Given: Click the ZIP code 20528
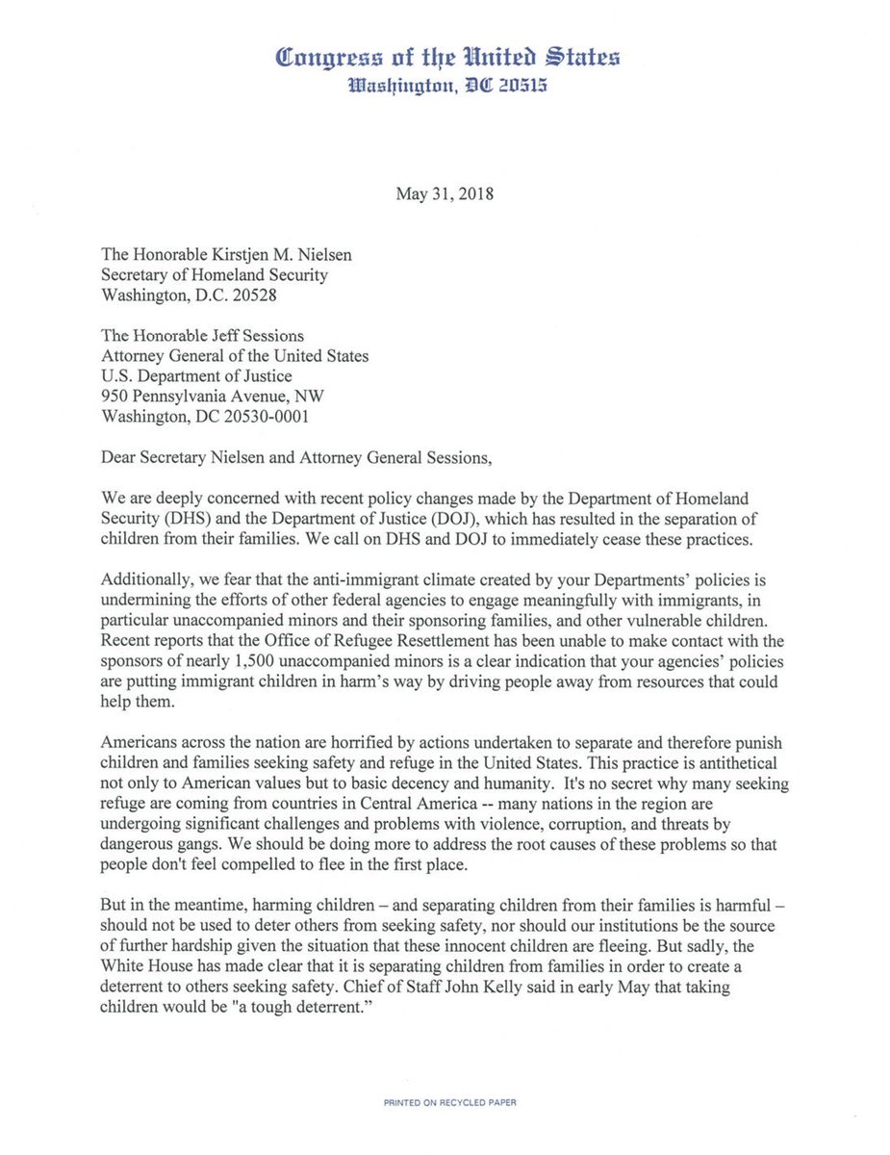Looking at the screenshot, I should pos(254,295).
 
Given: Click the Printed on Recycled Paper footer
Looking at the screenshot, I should pos(445,1102).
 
